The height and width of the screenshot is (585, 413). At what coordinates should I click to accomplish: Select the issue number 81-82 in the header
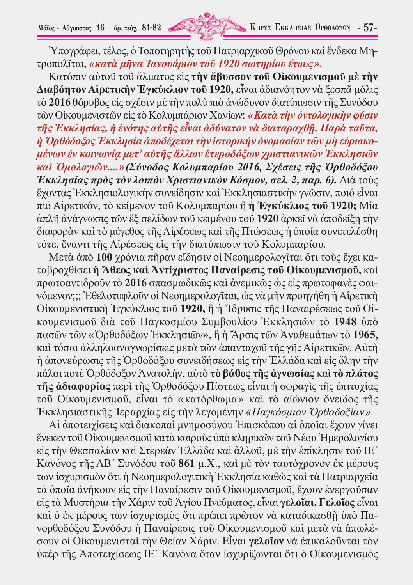point(152,28)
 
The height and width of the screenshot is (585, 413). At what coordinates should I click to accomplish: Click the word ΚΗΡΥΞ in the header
point(261,28)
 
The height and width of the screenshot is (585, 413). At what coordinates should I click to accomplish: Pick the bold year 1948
point(345,322)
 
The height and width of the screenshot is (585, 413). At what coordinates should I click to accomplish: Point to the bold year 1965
point(365,335)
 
